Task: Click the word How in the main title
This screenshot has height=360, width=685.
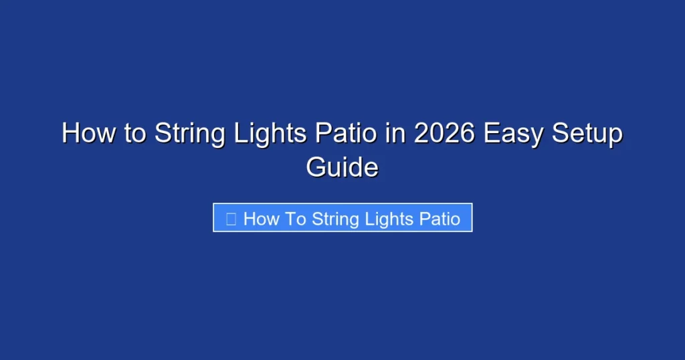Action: pyautogui.click(x=85, y=133)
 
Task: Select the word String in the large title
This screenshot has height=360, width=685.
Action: pyautogui.click(x=189, y=133)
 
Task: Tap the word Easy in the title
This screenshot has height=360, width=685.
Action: pyautogui.click(x=512, y=133)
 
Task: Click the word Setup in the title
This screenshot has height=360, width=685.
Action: pyautogui.click(x=586, y=133)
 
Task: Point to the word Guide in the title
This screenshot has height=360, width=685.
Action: pyautogui.click(x=342, y=167)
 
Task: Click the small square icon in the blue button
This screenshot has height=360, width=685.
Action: pyautogui.click(x=231, y=219)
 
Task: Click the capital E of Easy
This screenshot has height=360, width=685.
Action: pyautogui.click(x=492, y=133)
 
